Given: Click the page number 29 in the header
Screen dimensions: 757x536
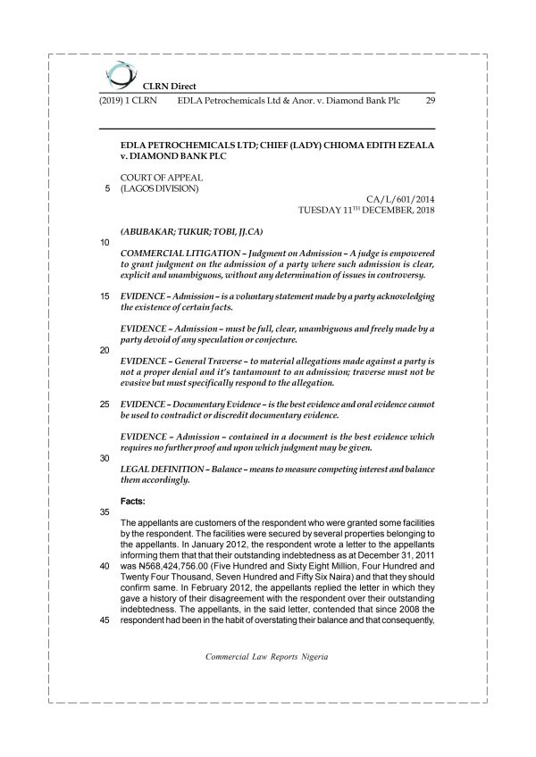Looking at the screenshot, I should coord(431,101).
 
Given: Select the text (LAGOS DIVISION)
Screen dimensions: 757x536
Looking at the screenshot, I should coord(159,188).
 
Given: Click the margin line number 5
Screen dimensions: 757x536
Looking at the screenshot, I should coord(106,188).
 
